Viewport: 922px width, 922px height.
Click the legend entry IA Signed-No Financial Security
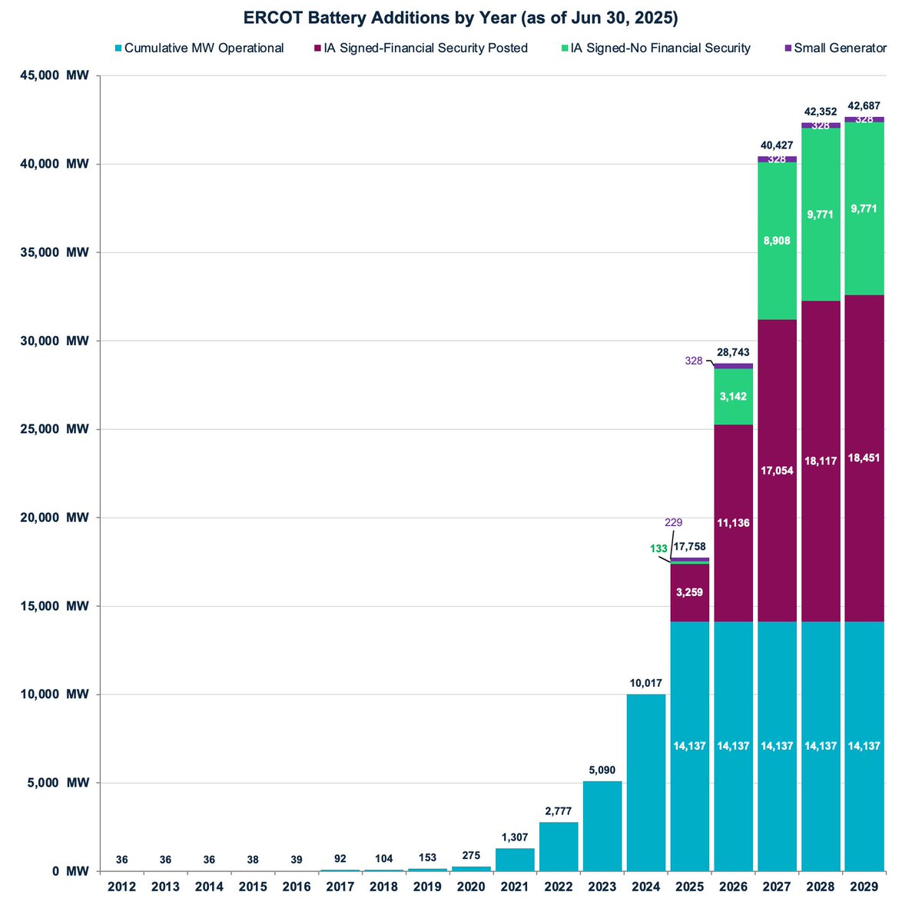659,48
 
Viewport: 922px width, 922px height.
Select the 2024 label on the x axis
646,887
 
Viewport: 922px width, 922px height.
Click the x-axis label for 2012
122,887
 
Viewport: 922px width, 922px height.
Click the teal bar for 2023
602,827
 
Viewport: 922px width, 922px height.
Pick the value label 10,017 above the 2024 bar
646,682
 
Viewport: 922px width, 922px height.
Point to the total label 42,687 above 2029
864,105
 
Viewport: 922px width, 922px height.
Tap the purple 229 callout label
672,522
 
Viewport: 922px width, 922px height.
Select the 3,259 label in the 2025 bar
689,592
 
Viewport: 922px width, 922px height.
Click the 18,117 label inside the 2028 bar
821,462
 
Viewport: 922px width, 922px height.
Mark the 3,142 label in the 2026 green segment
733,397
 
